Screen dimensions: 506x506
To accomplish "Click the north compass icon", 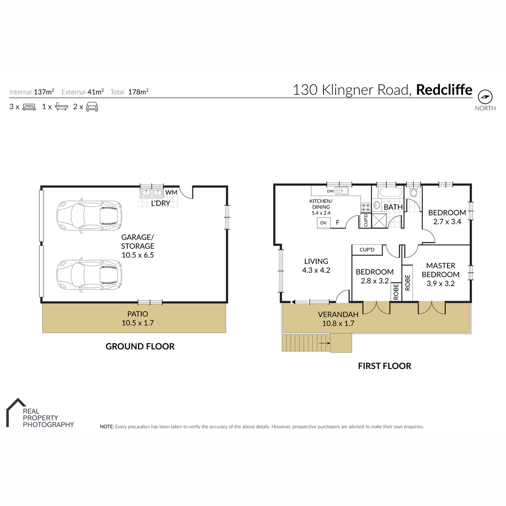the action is tap(485, 97).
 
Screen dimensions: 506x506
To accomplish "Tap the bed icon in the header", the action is tap(29, 107).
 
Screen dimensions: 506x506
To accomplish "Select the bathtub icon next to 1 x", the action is tap(62, 107).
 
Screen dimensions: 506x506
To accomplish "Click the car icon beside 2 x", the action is tap(92, 107).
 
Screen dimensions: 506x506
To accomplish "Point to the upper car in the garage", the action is tap(89, 216).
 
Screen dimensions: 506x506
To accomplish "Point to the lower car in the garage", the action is tap(89, 275).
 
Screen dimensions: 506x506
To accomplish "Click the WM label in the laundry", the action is tap(171, 192).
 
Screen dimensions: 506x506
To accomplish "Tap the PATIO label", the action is tap(137, 314).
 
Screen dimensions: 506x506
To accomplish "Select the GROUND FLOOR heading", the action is tap(140, 347).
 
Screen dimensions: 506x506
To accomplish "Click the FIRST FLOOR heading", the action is tap(385, 366).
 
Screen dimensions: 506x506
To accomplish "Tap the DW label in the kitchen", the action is tap(330, 191).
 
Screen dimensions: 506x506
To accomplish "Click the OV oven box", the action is tap(323, 223).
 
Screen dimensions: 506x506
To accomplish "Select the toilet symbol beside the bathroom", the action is tap(413, 192).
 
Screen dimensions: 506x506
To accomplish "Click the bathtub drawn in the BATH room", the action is tap(391, 192).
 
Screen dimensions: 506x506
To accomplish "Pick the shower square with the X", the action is tap(379, 221).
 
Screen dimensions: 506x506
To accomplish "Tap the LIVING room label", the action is tap(316, 261).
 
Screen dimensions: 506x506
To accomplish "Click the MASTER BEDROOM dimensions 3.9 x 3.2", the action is tap(441, 284).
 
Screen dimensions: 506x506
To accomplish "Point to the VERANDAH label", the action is tap(338, 314).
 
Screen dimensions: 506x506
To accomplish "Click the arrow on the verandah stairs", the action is tap(325, 343).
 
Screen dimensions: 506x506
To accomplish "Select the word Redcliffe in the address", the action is tap(444, 90).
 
